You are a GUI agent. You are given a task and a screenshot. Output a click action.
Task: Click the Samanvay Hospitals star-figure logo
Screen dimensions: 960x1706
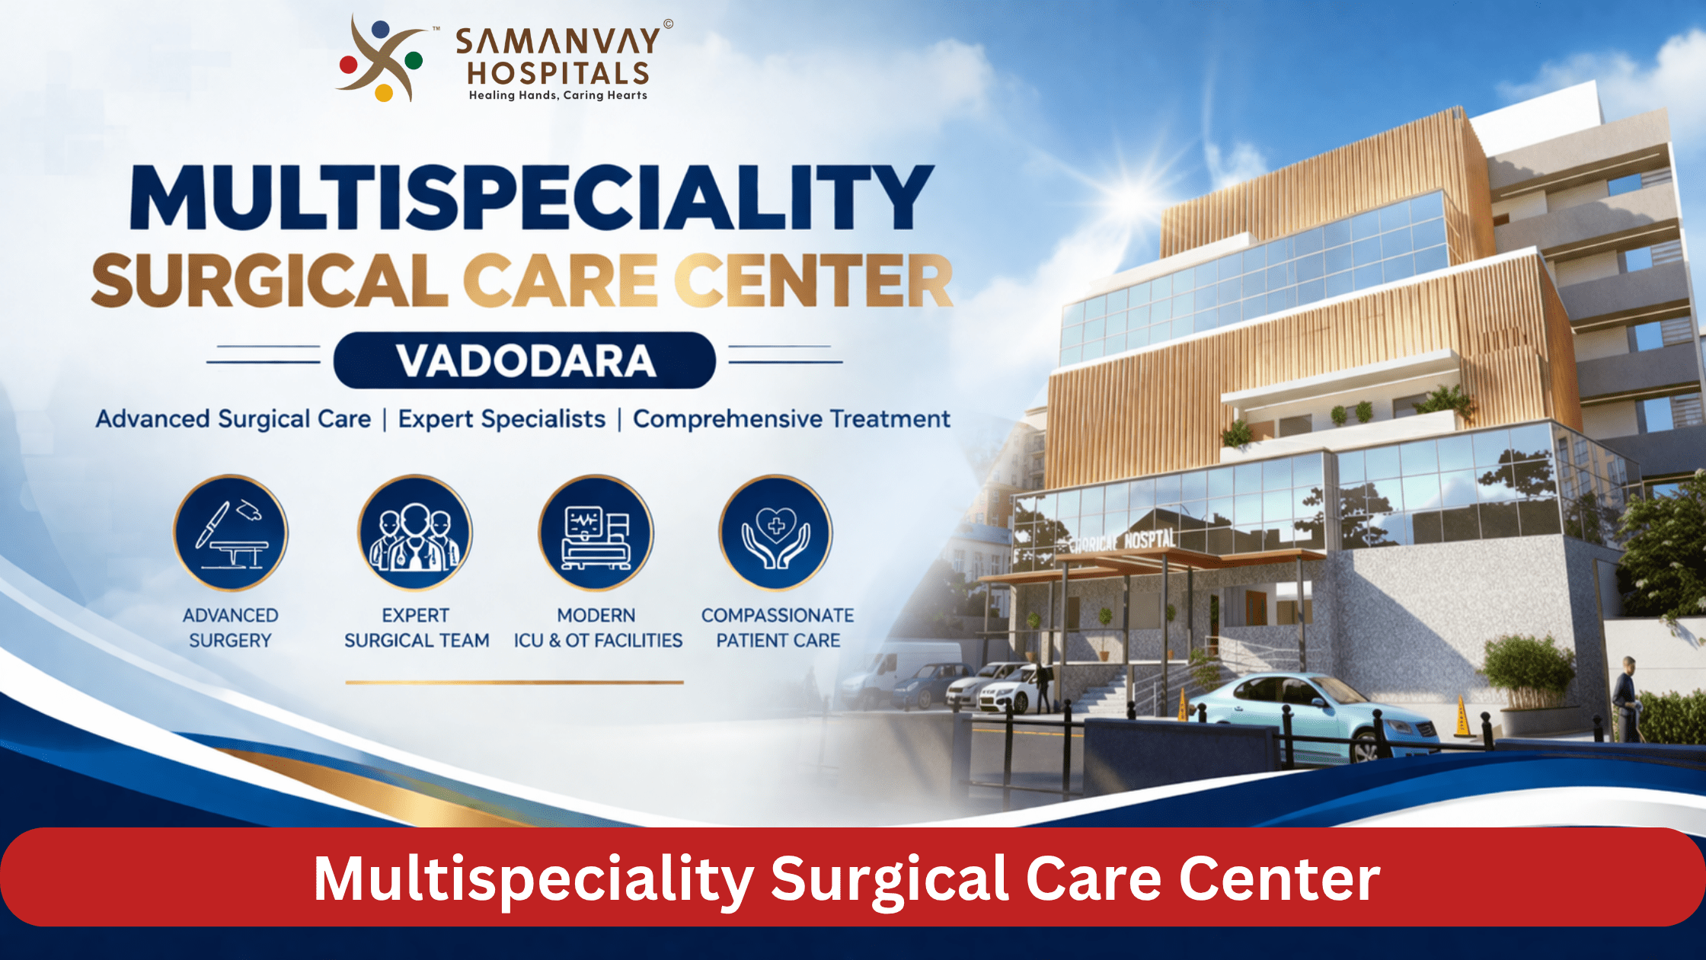pos(381,59)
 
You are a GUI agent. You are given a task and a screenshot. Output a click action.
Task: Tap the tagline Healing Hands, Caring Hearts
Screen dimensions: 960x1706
pos(557,95)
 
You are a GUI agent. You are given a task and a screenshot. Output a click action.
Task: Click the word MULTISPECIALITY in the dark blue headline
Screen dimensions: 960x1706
pos(532,197)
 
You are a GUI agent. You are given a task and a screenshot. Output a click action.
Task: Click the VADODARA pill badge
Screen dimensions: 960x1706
pos(525,360)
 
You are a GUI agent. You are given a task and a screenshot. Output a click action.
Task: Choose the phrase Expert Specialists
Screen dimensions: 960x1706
pos(502,419)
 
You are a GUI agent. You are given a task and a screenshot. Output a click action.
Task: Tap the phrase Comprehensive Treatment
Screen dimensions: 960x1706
pos(791,419)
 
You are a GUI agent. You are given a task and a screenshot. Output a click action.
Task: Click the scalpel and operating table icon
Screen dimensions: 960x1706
pos(231,533)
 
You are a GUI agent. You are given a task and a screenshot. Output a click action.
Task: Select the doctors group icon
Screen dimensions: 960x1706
pos(415,533)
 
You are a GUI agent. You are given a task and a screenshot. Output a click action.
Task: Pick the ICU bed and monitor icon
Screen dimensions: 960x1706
pos(596,533)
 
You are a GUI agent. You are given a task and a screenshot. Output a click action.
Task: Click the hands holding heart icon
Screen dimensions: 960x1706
pos(776,533)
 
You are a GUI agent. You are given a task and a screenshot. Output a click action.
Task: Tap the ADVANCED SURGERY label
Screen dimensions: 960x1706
pos(230,628)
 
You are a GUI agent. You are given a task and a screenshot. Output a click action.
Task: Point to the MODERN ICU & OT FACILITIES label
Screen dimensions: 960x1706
pos(598,628)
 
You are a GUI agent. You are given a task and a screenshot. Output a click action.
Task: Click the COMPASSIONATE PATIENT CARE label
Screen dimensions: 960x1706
pos(778,628)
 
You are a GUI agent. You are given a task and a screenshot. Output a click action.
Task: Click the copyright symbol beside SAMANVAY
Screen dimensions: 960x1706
pos(668,24)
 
